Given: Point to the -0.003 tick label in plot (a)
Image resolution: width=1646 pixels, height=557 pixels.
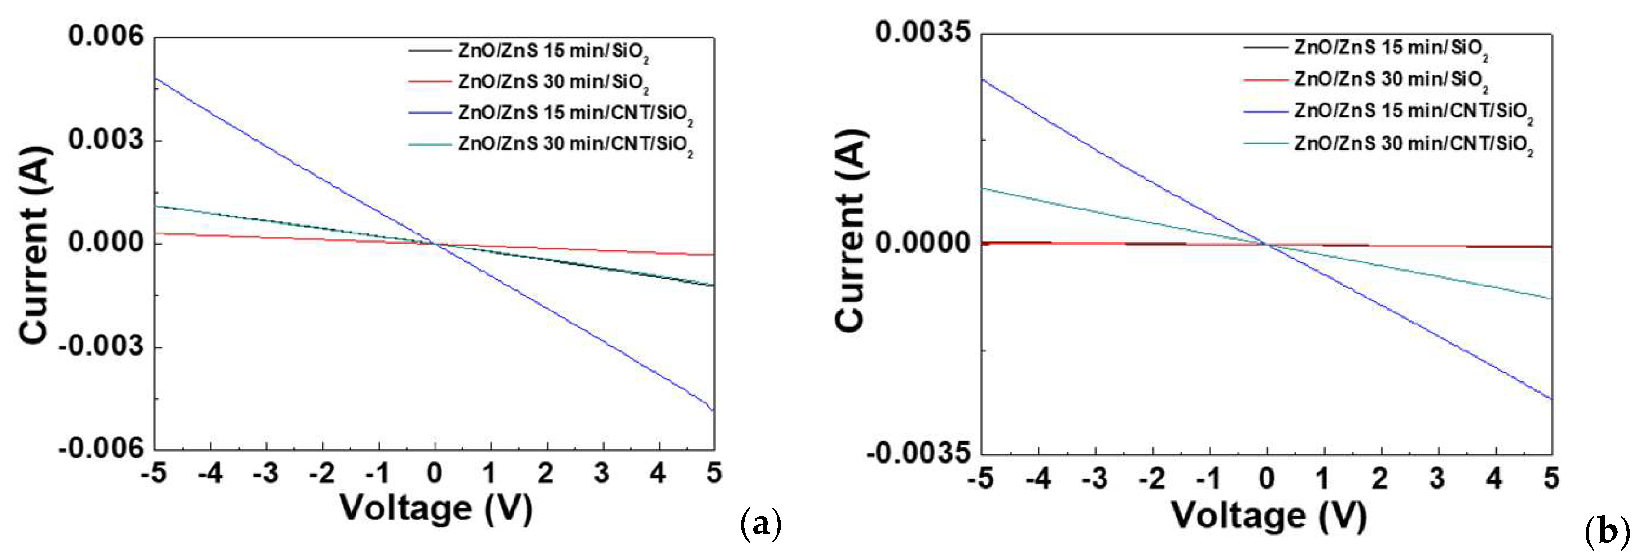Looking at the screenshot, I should (x=101, y=347).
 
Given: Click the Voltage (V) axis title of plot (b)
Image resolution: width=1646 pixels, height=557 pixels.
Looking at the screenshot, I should (x=1268, y=515).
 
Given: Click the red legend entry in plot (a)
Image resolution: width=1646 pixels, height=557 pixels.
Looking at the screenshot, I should (x=553, y=82).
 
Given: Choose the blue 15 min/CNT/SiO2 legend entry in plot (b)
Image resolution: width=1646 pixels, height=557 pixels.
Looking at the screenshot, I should (x=1413, y=112).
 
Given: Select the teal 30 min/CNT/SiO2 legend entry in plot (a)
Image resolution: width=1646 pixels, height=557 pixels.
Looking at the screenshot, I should (x=575, y=144).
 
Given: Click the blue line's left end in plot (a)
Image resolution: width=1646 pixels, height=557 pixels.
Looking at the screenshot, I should (x=156, y=78).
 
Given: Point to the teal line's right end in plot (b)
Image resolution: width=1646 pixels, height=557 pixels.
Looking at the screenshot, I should (x=1551, y=298).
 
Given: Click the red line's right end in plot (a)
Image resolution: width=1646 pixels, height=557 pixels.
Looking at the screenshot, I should (x=713, y=254).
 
